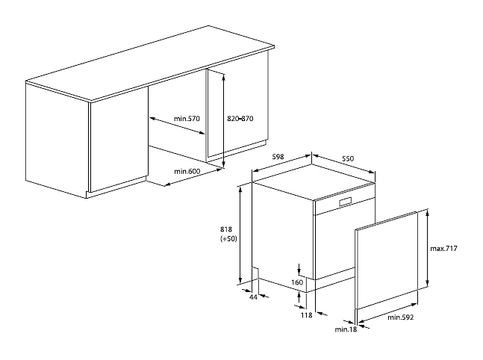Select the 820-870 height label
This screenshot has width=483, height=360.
[241, 118]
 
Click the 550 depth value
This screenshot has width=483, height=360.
[347, 158]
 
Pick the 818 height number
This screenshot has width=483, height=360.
[228, 229]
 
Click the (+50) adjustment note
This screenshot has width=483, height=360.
[228, 239]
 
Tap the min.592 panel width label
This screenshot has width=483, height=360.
[401, 317]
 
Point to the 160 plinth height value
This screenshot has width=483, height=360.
[297, 282]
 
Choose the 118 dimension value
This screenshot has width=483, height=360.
[305, 316]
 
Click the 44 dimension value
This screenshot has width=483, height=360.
[253, 297]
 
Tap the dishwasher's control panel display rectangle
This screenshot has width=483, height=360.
[346, 202]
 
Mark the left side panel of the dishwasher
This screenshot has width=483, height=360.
[282, 232]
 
